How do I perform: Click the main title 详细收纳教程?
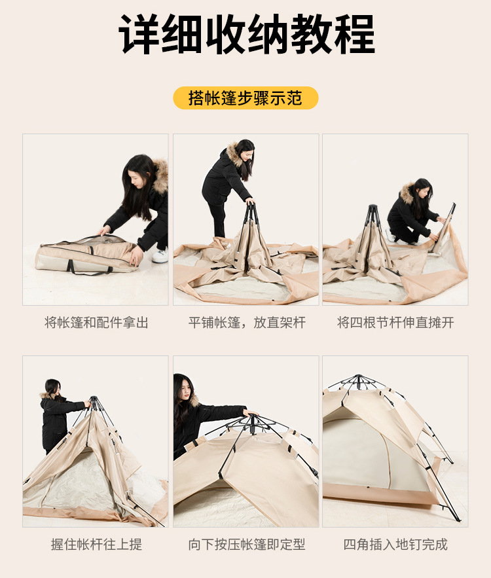[246, 34]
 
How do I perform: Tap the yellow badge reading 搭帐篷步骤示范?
[245, 98]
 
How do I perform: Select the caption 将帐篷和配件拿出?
[96, 323]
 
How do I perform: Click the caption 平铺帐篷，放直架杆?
[246, 323]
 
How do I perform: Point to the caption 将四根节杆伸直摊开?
[395, 323]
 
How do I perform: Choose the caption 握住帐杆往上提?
[96, 544]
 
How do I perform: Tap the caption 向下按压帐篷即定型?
[246, 544]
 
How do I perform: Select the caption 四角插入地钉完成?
[395, 544]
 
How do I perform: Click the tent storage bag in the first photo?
[85, 255]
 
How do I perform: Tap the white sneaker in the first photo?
[160, 255]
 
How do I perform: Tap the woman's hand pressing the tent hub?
[249, 413]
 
